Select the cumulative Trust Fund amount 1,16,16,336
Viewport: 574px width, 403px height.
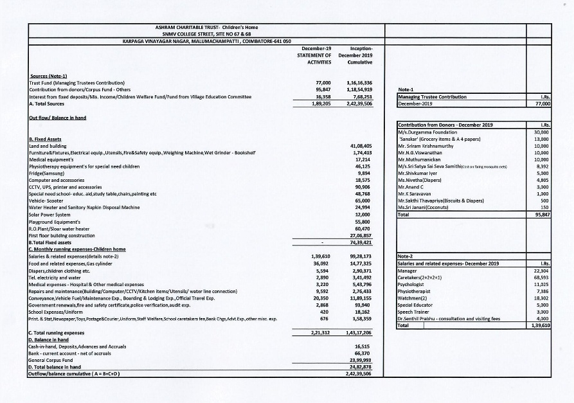click(x=362, y=84)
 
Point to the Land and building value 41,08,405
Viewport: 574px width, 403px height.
click(x=362, y=147)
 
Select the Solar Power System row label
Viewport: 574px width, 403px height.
click(x=49, y=213)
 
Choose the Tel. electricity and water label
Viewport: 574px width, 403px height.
click(x=55, y=275)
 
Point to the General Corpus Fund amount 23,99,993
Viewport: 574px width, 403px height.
click(x=362, y=360)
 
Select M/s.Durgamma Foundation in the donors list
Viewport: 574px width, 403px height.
click(x=426, y=132)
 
